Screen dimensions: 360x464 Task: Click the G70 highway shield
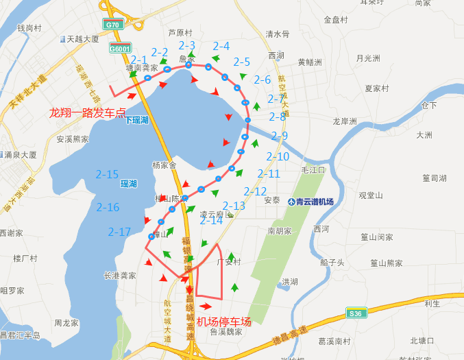coord(112,25)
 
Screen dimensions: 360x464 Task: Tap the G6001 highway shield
coord(120,49)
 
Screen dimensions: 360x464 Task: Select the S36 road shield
coord(354,313)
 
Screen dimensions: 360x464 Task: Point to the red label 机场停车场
coord(223,322)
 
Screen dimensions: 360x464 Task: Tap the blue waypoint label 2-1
coord(139,60)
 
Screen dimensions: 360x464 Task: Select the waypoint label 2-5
coord(242,62)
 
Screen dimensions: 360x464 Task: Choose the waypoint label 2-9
coord(280,136)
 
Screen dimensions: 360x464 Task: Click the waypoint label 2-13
coord(234,206)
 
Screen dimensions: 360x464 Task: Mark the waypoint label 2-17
coord(119,232)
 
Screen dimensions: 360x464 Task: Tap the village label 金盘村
coord(336,20)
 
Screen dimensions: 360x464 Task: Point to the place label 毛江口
coord(313,169)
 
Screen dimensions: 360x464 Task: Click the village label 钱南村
coord(29,28)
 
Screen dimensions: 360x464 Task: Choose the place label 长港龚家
coord(119,275)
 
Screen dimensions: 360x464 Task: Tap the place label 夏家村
coord(377,88)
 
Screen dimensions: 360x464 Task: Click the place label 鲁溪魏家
coord(226,332)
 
